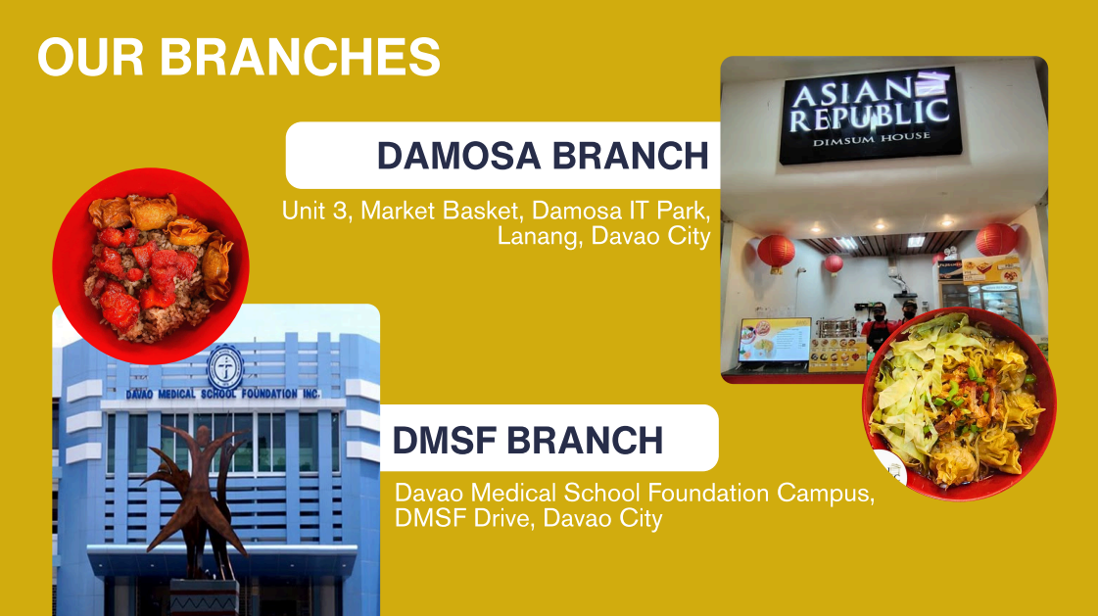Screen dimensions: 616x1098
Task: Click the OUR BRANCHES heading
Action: pos(239,58)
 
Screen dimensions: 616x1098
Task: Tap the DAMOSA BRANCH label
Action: pos(543,156)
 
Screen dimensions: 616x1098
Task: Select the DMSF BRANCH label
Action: pos(527,440)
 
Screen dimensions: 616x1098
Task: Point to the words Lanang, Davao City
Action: pos(602,237)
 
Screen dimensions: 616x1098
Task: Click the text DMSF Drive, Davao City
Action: pos(528,519)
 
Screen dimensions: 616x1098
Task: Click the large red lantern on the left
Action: pos(776,251)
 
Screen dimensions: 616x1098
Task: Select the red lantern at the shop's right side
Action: pos(996,239)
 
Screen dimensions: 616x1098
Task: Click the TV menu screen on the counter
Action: pos(774,340)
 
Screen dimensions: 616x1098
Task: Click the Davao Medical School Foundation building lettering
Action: pos(223,395)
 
